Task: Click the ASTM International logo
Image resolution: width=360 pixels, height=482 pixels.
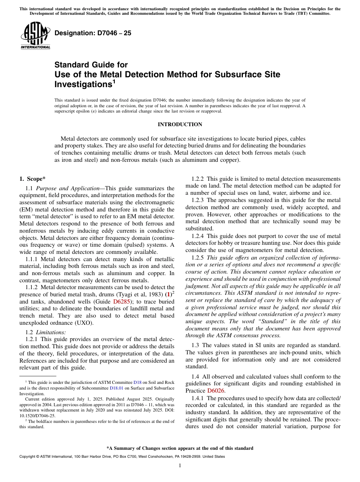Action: click(x=35, y=36)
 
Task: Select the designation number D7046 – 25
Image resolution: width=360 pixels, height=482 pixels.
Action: click(x=93, y=33)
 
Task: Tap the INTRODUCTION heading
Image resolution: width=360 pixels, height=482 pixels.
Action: click(x=180, y=124)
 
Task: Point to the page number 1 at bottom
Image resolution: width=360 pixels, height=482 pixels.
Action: click(x=180, y=465)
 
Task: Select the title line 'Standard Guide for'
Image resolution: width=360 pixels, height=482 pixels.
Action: click(x=91, y=65)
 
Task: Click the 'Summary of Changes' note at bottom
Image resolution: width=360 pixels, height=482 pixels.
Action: click(x=180, y=448)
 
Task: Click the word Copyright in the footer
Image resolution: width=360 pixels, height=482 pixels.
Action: click(x=28, y=457)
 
